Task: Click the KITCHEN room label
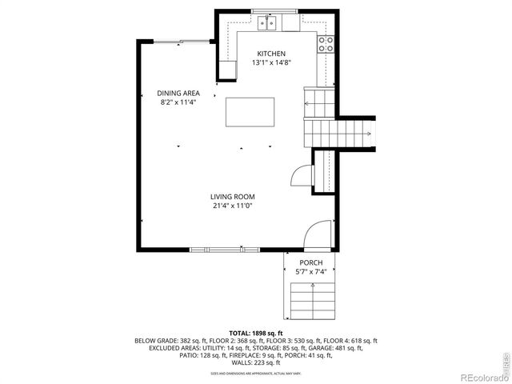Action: (270, 54)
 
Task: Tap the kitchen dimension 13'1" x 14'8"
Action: (270, 62)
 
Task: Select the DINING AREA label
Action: (178, 93)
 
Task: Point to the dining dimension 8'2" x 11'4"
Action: (178, 102)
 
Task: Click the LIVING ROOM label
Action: (232, 197)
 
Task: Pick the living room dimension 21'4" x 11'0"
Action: (232, 206)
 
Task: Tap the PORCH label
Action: (310, 263)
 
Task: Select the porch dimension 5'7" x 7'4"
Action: (310, 272)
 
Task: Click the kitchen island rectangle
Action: (250, 111)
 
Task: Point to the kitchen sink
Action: (268, 24)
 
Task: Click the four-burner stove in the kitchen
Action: (325, 43)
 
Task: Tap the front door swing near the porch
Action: (318, 234)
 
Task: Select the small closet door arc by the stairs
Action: (300, 175)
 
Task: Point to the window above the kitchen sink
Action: (274, 10)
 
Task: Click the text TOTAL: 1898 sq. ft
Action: (255, 333)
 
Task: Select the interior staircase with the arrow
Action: (340, 132)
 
